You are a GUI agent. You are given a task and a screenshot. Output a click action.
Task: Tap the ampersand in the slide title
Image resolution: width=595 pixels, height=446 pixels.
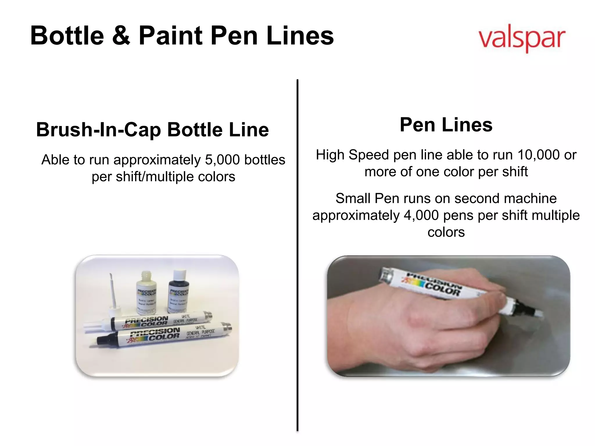pos(121,36)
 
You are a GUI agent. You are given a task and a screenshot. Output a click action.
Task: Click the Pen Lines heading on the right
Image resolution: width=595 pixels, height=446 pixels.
pos(446,125)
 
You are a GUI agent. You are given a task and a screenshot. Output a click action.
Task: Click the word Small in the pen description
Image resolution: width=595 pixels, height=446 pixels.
pos(353,199)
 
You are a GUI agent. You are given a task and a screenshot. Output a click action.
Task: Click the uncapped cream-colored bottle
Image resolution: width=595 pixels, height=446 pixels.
pos(146,293)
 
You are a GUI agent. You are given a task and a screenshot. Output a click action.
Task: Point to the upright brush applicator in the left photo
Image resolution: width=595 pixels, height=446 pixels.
pos(113,293)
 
